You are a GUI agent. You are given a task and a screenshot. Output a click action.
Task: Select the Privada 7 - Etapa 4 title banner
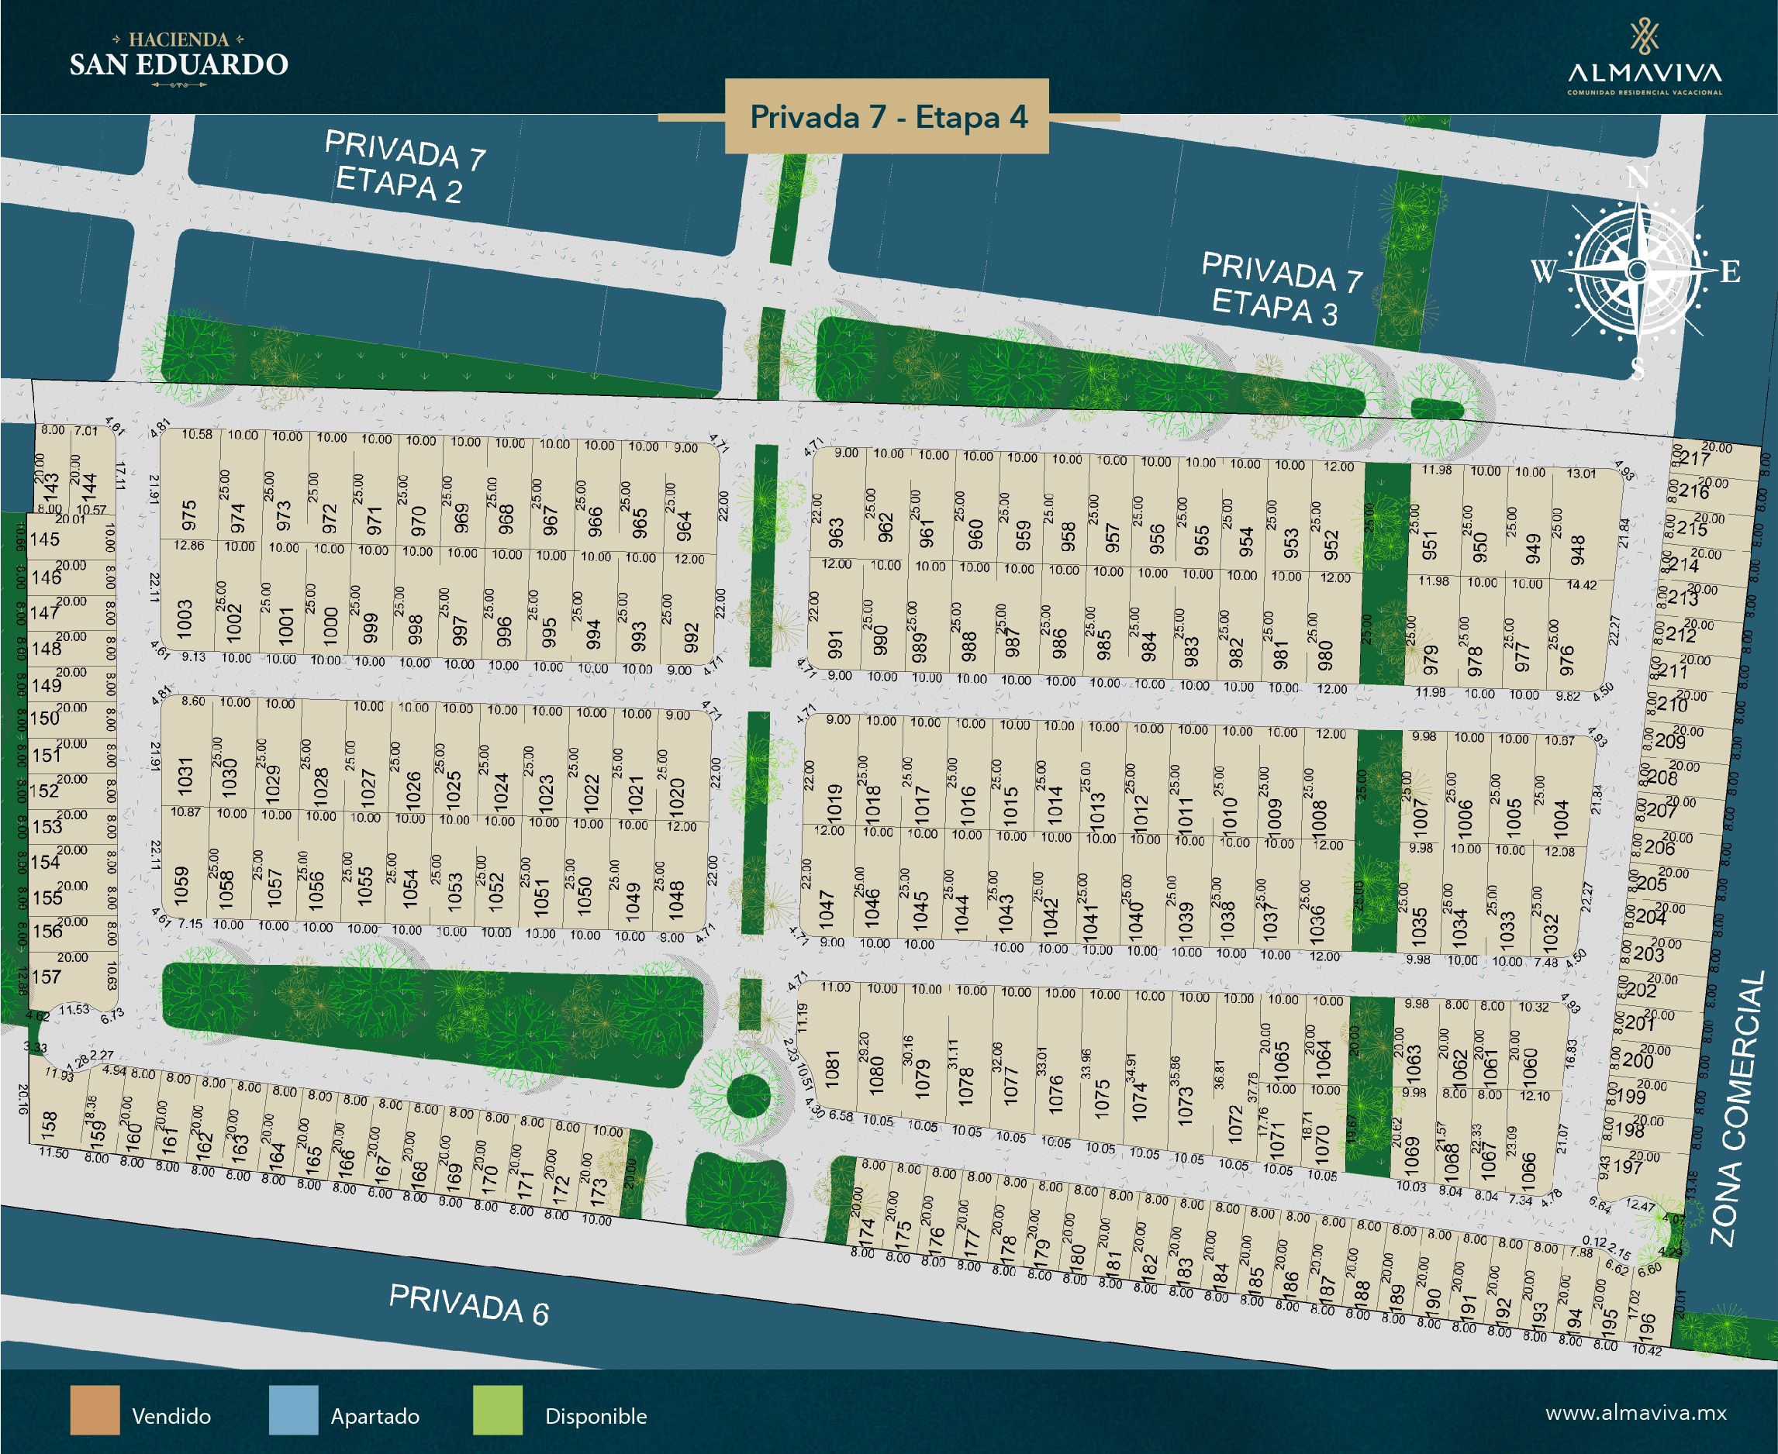pyautogui.click(x=887, y=117)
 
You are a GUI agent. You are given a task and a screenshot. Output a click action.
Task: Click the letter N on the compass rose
pyautogui.click(x=1638, y=178)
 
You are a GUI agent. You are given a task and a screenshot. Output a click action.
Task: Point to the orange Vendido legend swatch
pyautogui.click(x=95, y=1410)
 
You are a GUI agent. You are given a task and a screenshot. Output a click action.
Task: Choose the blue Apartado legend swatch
pyautogui.click(x=293, y=1410)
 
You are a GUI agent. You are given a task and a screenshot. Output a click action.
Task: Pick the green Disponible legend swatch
pyautogui.click(x=498, y=1410)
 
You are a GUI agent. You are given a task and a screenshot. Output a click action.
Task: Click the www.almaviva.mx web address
pyautogui.click(x=1635, y=1412)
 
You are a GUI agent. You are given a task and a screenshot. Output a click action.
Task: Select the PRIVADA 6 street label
pyautogui.click(x=469, y=1304)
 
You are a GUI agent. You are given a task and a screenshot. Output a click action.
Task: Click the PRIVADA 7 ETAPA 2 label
pyautogui.click(x=405, y=167)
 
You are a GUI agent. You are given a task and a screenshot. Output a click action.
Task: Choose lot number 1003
pyautogui.click(x=185, y=618)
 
